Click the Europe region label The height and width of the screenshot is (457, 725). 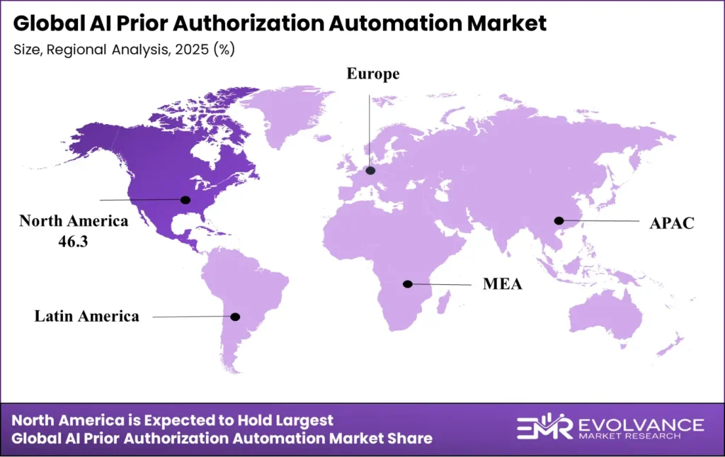(373, 75)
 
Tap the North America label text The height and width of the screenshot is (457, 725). (74, 221)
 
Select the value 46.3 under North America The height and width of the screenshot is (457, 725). (74, 242)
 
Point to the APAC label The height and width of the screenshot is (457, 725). (672, 223)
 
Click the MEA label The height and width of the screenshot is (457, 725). (503, 285)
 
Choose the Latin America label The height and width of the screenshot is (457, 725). (87, 316)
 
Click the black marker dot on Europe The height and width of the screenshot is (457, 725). (370, 171)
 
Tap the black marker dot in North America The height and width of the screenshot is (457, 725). (186, 200)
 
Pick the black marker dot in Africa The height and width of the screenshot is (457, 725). (407, 284)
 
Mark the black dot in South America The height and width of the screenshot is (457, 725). (236, 317)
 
